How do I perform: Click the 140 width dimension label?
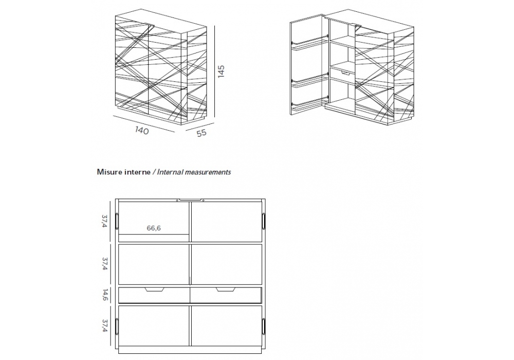pyautogui.click(x=142, y=131)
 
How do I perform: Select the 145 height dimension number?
pyautogui.click(x=222, y=71)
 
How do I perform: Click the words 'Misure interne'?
pyautogui.click(x=123, y=172)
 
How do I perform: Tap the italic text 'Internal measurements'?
pyautogui.click(x=194, y=172)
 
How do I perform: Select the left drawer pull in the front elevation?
pyautogui.click(x=155, y=290)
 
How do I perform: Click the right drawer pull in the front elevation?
pyautogui.click(x=225, y=290)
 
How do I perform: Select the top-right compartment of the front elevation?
pyautogui.click(x=226, y=221)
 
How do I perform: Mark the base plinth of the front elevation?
pyautogui.click(x=191, y=351)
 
